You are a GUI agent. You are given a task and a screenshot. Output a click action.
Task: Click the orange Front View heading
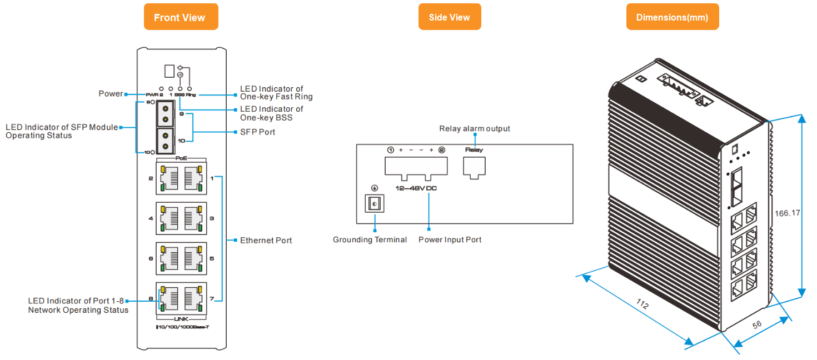tap(180, 17)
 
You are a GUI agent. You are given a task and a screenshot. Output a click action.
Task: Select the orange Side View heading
tap(449, 17)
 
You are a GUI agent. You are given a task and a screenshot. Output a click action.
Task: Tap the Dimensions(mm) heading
tap(672, 17)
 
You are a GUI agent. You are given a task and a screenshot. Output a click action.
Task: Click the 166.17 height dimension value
tap(788, 213)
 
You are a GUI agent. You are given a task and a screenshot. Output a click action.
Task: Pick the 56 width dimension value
tap(757, 324)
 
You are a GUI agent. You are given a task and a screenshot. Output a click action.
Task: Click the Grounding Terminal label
tap(370, 240)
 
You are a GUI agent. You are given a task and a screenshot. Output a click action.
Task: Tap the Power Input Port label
tap(450, 240)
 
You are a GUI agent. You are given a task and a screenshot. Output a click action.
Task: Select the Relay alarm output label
tap(474, 129)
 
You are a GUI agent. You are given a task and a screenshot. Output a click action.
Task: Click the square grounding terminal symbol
tap(374, 204)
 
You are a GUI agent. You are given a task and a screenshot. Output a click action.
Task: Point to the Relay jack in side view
tap(474, 167)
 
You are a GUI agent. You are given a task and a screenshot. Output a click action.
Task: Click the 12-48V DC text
tap(416, 188)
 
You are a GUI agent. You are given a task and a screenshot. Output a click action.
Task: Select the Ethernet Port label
tap(266, 241)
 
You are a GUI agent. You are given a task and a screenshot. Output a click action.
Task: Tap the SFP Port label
tap(257, 132)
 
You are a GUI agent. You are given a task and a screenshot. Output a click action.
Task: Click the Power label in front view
tap(111, 93)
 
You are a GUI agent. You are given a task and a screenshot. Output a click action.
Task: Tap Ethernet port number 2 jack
tap(169, 179)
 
